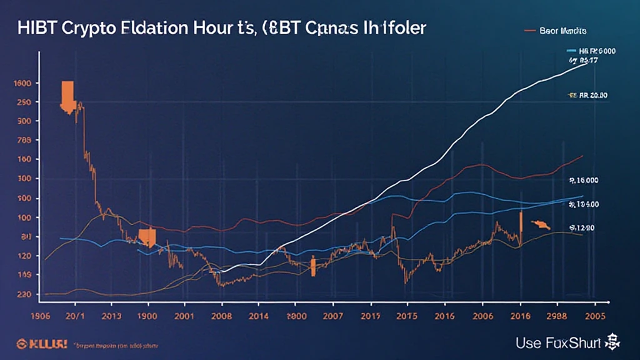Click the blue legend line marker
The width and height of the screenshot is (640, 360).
[x=571, y=51]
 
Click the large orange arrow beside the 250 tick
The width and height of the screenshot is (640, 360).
[x=67, y=95]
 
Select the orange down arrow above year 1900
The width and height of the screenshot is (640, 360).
[x=147, y=236]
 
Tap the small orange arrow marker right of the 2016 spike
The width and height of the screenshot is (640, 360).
[x=539, y=224]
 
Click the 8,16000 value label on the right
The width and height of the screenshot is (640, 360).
[x=584, y=180]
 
